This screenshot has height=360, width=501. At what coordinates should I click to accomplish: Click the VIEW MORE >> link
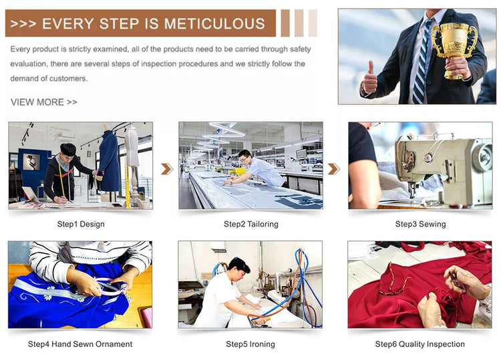[44, 102]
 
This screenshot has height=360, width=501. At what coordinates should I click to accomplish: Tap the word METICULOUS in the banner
[214, 24]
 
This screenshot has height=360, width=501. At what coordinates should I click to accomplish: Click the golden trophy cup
[454, 49]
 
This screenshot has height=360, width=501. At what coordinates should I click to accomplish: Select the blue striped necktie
[422, 61]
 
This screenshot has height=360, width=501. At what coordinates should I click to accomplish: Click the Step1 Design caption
[81, 224]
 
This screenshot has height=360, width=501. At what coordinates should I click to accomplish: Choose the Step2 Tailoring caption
[251, 224]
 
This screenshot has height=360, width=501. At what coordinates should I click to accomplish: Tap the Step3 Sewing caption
[420, 224]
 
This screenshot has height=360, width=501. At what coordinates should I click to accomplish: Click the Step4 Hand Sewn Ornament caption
[80, 344]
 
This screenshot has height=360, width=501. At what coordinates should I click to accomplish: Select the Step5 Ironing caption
[251, 344]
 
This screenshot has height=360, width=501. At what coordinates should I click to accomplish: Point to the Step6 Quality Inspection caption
[420, 344]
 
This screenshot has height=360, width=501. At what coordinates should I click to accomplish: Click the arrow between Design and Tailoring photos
[167, 169]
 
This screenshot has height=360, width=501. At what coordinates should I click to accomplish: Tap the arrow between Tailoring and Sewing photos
[333, 169]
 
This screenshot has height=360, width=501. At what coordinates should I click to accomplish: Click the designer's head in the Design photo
[68, 152]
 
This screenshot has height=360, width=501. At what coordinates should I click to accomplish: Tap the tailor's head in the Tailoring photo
[245, 158]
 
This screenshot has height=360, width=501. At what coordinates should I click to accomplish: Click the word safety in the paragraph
[301, 49]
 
